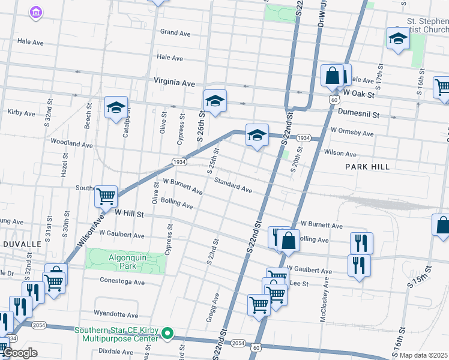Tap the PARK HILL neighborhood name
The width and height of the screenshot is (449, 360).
coord(367,167)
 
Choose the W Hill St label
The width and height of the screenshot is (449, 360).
coord(130,213)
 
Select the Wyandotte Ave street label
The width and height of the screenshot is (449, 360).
coord(116,314)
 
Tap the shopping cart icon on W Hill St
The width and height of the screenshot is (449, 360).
coord(106,195)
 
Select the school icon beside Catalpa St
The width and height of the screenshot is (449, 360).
coord(116,107)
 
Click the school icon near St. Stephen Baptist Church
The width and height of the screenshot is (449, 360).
coord(397,39)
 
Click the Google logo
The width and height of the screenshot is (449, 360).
coord(20,353)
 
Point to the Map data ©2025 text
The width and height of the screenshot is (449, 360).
coord(423,355)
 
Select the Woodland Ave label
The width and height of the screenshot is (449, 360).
coord(71,144)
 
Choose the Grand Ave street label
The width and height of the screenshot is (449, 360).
coord(175,33)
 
